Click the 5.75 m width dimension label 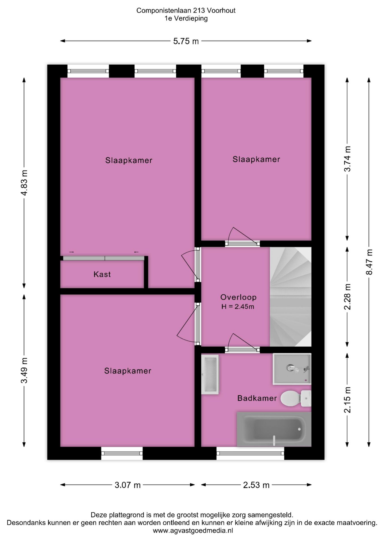coord(186,41)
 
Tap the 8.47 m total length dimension coord(369,262)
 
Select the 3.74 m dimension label coord(347,159)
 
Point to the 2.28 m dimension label coord(347,297)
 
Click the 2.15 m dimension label coord(347,400)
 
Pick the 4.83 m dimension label coord(24,183)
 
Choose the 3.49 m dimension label coord(24,370)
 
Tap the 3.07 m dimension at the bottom coord(128,485)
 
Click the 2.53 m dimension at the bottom coord(256,485)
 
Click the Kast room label coord(102,274)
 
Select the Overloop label coord(238,297)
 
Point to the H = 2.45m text coord(238,307)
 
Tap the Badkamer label coord(257,398)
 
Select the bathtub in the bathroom coord(274,429)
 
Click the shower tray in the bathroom coord(292,369)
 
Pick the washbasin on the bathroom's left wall coord(210,374)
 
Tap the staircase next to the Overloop coord(290,296)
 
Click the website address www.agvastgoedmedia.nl coord(193,531)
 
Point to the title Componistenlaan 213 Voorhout coord(186,10)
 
